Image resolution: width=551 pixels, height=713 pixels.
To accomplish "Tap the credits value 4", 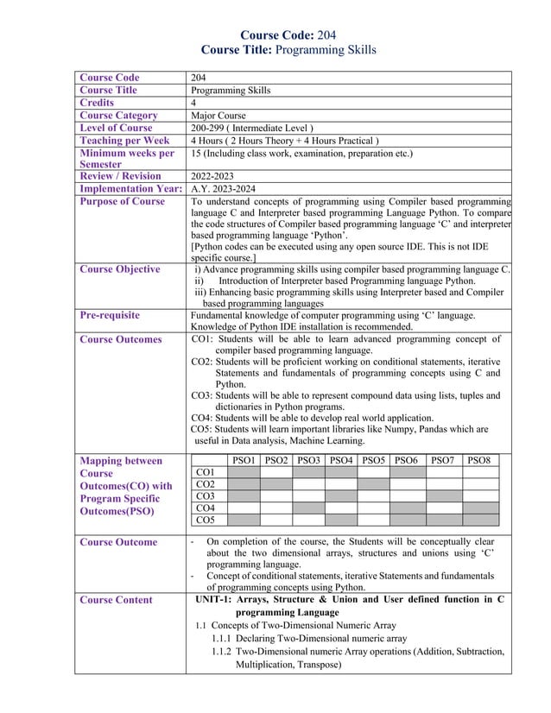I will click(x=193, y=103).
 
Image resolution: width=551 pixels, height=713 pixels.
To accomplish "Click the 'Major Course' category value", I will click(x=218, y=115).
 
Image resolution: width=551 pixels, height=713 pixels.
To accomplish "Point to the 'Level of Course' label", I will click(x=116, y=128).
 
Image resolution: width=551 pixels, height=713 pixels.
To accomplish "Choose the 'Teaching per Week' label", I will click(x=124, y=141).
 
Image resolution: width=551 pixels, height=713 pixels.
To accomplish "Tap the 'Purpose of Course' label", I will click(x=122, y=202).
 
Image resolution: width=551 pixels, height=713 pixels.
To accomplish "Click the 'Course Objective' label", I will click(x=119, y=269).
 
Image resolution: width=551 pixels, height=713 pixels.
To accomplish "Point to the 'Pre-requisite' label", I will click(x=109, y=316).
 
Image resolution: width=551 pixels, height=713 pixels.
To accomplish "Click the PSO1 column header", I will click(x=244, y=461).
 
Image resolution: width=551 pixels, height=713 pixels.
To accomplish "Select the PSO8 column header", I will click(x=480, y=461).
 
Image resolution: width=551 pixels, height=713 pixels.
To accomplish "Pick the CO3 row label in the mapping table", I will click(x=206, y=496).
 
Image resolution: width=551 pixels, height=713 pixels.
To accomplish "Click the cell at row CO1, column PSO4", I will click(x=341, y=473).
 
